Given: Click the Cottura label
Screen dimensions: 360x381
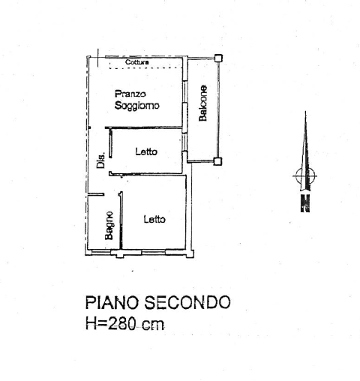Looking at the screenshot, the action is point(137,62).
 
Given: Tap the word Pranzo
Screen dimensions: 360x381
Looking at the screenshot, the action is point(130,94).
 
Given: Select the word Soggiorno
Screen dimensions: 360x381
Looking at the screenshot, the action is point(136,105).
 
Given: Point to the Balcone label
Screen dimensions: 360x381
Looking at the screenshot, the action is point(202,103).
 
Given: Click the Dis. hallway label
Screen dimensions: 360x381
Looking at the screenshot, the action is point(100,160).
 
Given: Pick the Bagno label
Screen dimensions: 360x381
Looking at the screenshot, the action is point(109,226).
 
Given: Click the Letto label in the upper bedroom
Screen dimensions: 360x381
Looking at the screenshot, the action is point(146,151).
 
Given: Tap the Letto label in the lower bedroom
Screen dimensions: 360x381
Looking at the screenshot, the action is point(154,219).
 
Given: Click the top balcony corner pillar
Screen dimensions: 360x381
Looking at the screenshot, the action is point(218,58).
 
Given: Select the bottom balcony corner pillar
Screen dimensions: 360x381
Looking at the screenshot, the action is point(217,161).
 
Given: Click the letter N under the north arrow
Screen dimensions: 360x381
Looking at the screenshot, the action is point(305,203).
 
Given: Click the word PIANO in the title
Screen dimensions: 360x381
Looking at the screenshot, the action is point(112,302).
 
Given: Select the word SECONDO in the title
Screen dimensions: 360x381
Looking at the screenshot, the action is point(187,302).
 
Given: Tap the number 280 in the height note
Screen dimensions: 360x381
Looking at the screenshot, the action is point(122,323).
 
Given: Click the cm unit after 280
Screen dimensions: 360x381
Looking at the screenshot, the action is point(153,325).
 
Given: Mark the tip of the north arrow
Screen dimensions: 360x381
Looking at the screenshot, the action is point(305,112).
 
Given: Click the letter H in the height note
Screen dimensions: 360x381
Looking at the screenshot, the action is point(91,323).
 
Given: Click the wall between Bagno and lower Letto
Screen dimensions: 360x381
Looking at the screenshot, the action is point(121,220).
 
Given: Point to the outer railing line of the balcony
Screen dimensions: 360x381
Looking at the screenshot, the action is point(218,109).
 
